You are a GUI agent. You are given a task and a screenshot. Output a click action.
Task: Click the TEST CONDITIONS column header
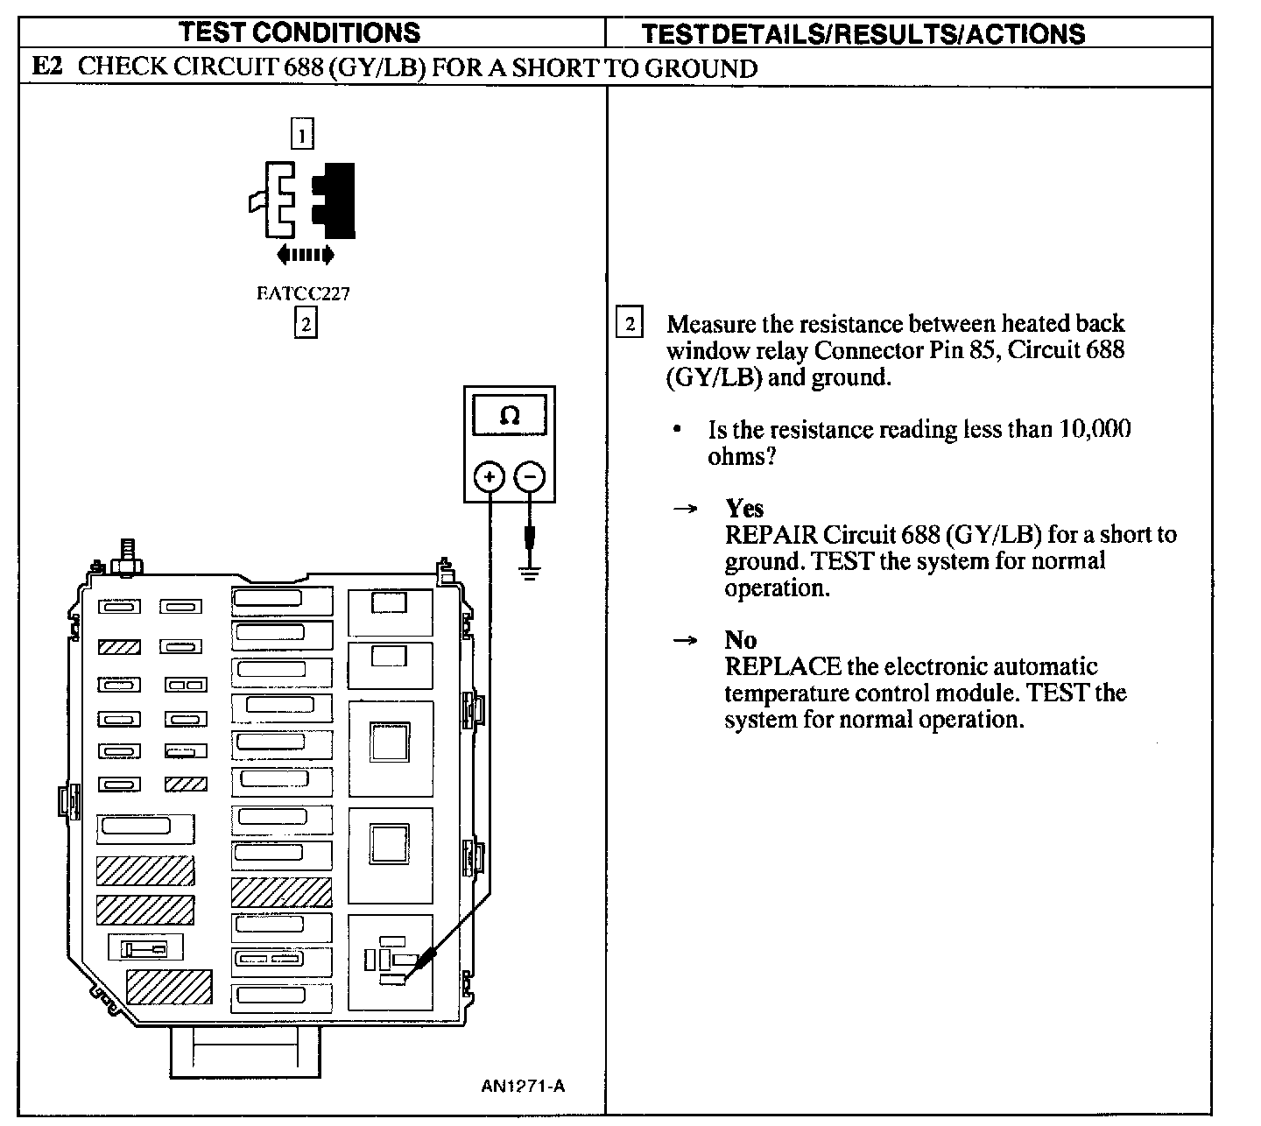[299, 32]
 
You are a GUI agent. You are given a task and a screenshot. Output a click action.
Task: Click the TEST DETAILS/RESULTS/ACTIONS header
[863, 33]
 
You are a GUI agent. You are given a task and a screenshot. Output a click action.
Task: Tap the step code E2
[47, 66]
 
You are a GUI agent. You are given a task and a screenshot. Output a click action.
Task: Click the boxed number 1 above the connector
[302, 134]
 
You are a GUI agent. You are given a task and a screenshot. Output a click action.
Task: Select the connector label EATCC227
[303, 293]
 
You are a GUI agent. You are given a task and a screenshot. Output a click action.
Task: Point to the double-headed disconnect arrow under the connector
[305, 255]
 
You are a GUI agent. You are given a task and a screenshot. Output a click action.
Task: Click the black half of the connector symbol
[334, 201]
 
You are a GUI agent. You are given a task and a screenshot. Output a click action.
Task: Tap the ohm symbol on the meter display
[509, 415]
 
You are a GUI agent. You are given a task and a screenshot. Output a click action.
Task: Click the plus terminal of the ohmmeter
[490, 477]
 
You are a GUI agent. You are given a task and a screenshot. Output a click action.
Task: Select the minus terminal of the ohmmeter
[530, 477]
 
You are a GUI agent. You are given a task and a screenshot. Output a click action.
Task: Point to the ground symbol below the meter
[530, 572]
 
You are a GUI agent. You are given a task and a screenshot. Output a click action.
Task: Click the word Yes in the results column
[743, 509]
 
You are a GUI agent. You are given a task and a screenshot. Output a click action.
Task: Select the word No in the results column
[741, 640]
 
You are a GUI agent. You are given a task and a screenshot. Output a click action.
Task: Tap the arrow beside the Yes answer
[686, 510]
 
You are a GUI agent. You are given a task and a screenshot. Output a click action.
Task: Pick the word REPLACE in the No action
[783, 666]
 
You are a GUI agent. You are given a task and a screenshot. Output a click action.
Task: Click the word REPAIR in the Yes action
[771, 535]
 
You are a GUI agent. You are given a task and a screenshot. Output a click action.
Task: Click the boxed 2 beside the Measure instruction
[630, 321]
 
